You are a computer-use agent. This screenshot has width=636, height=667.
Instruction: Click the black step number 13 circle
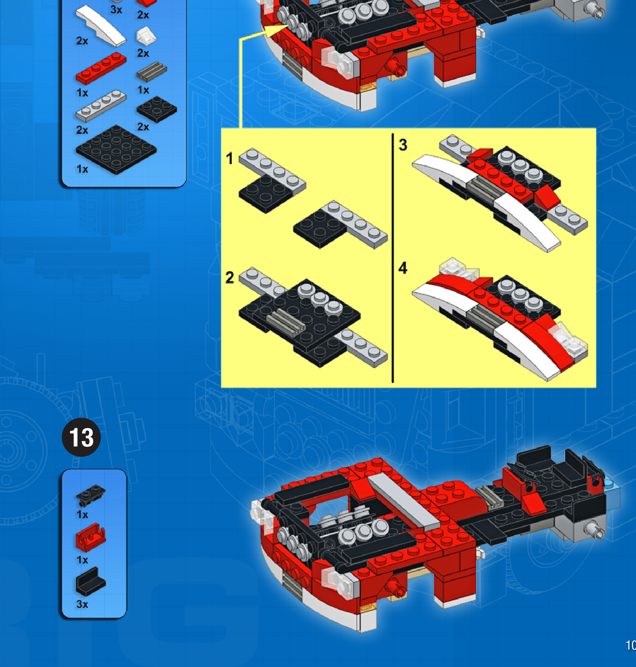[81, 437]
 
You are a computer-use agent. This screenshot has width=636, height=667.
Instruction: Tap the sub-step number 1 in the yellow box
[229, 159]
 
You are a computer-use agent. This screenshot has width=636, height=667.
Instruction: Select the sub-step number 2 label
[230, 278]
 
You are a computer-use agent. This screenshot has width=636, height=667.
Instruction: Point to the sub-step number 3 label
[403, 145]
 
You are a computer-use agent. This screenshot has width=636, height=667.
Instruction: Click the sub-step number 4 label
[403, 268]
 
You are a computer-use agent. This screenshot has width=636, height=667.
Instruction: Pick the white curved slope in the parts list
[101, 25]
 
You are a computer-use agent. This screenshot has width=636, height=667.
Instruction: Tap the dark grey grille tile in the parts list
[152, 71]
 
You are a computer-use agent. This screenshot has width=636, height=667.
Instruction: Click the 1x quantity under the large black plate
[82, 169]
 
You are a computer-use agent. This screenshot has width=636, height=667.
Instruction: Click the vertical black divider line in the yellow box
[393, 258]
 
